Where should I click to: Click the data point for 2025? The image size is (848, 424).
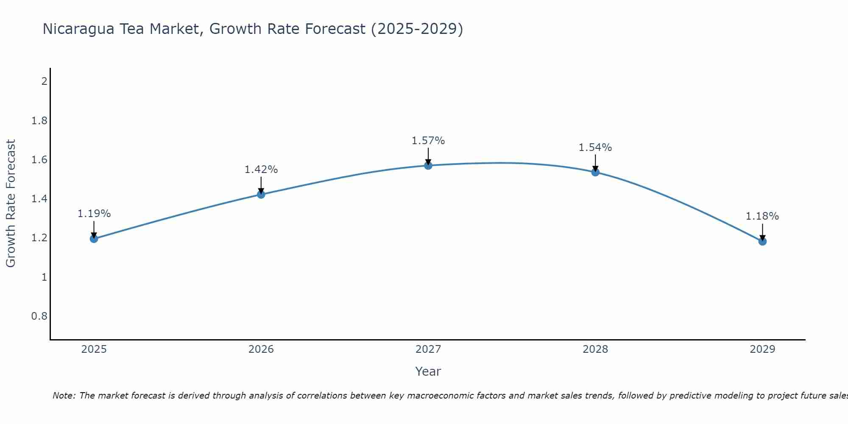pyautogui.click(x=94, y=239)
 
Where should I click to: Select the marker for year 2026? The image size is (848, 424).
pyautogui.click(x=261, y=194)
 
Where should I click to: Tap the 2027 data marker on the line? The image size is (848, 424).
pyautogui.click(x=428, y=165)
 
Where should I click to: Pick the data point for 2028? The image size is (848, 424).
pyautogui.click(x=595, y=172)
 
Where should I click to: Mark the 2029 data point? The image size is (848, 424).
pyautogui.click(x=762, y=241)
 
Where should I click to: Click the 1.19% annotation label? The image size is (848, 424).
pyautogui.click(x=94, y=214)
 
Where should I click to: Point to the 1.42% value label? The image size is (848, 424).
pyautogui.click(x=261, y=170)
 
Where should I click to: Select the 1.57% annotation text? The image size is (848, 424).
pyautogui.click(x=428, y=141)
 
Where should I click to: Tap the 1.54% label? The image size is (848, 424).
pyautogui.click(x=595, y=148)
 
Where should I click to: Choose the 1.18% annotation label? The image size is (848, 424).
pyautogui.click(x=762, y=216)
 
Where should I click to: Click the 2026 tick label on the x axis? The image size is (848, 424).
pyautogui.click(x=261, y=349)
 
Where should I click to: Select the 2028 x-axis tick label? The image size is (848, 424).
pyautogui.click(x=595, y=349)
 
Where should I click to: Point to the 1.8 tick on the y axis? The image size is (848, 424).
pyautogui.click(x=39, y=121)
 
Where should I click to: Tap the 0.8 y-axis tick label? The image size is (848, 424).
pyautogui.click(x=39, y=316)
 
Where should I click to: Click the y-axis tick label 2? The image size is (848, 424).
pyautogui.click(x=44, y=81)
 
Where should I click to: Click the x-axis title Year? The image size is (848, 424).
pyautogui.click(x=428, y=371)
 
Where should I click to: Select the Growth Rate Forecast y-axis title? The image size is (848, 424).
pyautogui.click(x=11, y=204)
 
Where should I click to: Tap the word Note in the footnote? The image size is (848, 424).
pyautogui.click(x=63, y=396)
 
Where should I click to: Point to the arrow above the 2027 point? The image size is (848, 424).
pyautogui.click(x=428, y=156)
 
